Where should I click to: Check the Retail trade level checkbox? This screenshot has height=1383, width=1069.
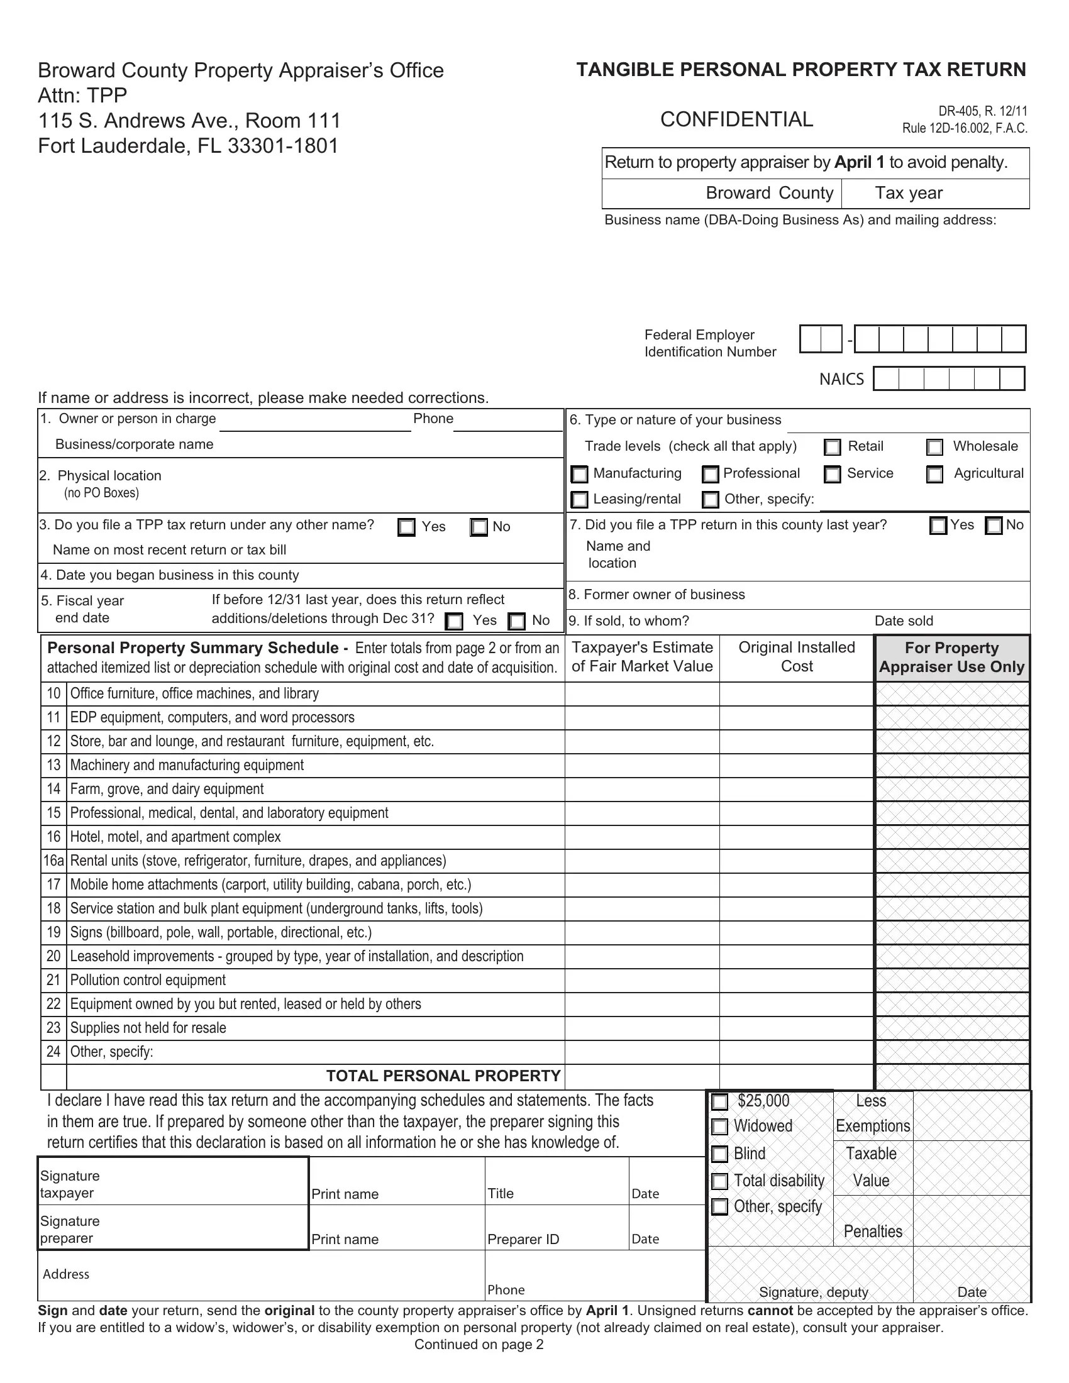(x=832, y=447)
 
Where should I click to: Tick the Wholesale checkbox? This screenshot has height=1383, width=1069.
(x=934, y=447)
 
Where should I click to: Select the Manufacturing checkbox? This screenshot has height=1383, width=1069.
(x=580, y=473)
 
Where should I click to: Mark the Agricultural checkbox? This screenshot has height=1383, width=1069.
(x=934, y=473)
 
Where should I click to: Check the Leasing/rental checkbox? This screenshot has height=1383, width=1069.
(x=580, y=500)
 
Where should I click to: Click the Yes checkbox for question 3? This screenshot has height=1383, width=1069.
(x=407, y=527)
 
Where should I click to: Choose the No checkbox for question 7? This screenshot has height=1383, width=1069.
(x=994, y=526)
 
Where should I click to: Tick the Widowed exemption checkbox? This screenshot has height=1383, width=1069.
(x=719, y=1127)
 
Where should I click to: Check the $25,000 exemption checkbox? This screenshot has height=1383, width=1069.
(x=719, y=1102)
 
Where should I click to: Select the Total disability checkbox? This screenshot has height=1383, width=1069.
(x=719, y=1181)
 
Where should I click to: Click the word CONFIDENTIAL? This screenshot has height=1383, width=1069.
(x=736, y=119)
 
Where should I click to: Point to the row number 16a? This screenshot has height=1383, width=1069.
(x=54, y=861)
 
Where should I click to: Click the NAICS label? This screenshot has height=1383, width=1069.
(x=841, y=379)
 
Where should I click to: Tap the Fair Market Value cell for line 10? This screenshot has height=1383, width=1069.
(x=641, y=694)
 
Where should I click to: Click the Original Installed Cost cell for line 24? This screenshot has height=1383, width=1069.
(x=796, y=1052)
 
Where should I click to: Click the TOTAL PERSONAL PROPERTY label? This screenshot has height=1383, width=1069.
(x=443, y=1076)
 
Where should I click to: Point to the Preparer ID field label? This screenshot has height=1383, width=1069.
(x=523, y=1239)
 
